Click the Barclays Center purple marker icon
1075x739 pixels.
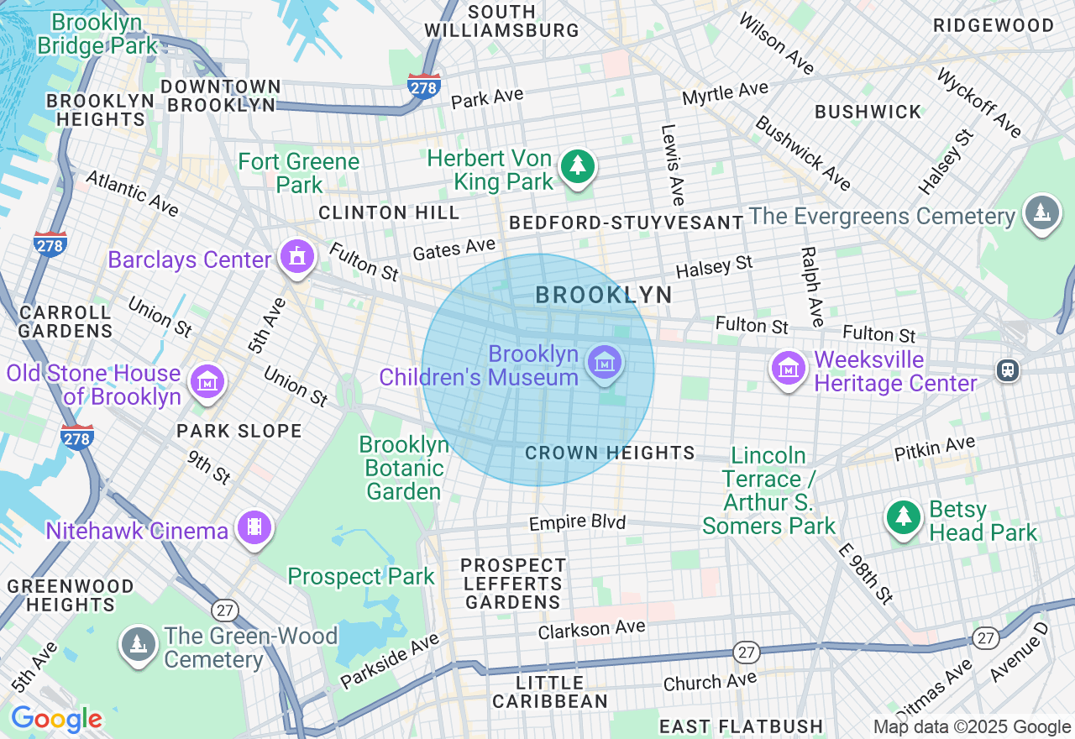pyautogui.click(x=296, y=256)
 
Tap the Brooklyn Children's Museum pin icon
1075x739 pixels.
pyautogui.click(x=605, y=363)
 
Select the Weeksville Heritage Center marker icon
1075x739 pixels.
pyautogui.click(x=789, y=368)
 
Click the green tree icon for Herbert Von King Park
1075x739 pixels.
pyautogui.click(x=578, y=166)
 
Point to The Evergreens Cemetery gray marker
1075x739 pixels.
pyautogui.click(x=1042, y=212)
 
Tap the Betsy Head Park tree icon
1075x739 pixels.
pyautogui.click(x=904, y=516)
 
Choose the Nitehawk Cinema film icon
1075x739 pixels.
pyautogui.click(x=254, y=528)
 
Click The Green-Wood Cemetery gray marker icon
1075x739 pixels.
pyautogui.click(x=138, y=643)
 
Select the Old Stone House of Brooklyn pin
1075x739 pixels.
pyautogui.click(x=207, y=382)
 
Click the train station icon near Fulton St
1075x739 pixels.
pyautogui.click(x=1007, y=369)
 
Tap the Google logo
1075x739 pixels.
pyautogui.click(x=56, y=720)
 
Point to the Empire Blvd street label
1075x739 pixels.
pyautogui.click(x=577, y=522)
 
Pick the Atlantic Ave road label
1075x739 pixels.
pyautogui.click(x=132, y=193)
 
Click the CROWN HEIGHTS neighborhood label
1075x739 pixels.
pyautogui.click(x=610, y=453)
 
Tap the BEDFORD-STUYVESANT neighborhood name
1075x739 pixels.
pyautogui.click(x=627, y=223)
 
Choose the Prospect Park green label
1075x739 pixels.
pyautogui.click(x=361, y=577)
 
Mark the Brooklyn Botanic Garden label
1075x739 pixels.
pyautogui.click(x=403, y=468)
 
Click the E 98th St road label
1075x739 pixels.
pyautogui.click(x=866, y=574)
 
